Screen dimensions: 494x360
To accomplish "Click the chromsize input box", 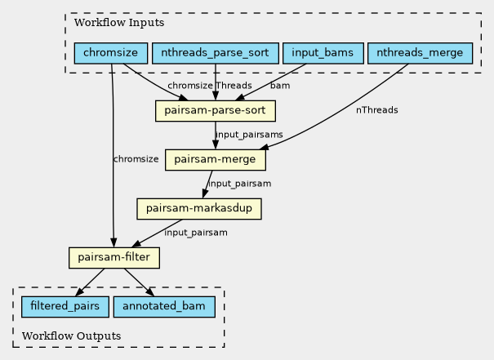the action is coord(111,53).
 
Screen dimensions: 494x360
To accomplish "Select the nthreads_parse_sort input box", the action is coord(216,53).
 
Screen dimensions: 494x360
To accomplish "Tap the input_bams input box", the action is coord(323,53).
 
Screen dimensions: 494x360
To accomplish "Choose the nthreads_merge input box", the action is coord(421,53).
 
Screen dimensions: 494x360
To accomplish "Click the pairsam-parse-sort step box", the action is coord(216,111).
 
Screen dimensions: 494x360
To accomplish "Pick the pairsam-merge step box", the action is coord(216,160).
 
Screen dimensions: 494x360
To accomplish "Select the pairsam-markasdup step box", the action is coord(199,209).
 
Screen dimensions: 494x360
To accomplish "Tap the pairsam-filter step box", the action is coord(114,258).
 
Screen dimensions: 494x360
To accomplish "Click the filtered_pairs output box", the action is coord(65,307).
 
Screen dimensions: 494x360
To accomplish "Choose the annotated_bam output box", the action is coord(164,307).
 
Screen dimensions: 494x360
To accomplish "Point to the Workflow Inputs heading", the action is coord(119,23).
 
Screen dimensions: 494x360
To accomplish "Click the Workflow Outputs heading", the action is coord(72,336).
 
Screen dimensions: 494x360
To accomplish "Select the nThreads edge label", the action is coord(376,110).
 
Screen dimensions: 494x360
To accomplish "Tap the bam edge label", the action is coord(280,86).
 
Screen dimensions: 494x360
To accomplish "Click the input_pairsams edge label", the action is coord(249,135).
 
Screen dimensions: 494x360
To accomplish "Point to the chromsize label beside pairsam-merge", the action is coord(136,159).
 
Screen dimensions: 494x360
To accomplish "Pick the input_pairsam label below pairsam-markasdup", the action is coord(196,233).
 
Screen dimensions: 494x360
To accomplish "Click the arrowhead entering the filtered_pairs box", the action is coord(80,292).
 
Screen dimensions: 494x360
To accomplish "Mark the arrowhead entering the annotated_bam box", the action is coord(150,292).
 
